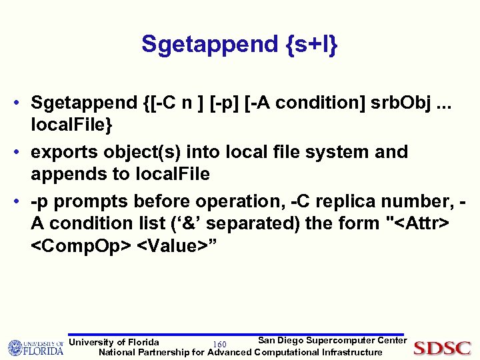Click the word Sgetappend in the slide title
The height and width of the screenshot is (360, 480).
(205, 45)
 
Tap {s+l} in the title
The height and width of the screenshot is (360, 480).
(307, 45)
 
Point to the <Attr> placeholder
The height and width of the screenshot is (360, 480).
(419, 223)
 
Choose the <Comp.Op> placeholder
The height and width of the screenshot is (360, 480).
(81, 245)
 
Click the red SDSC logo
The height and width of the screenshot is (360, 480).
(442, 348)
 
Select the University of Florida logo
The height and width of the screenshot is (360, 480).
(35, 347)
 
